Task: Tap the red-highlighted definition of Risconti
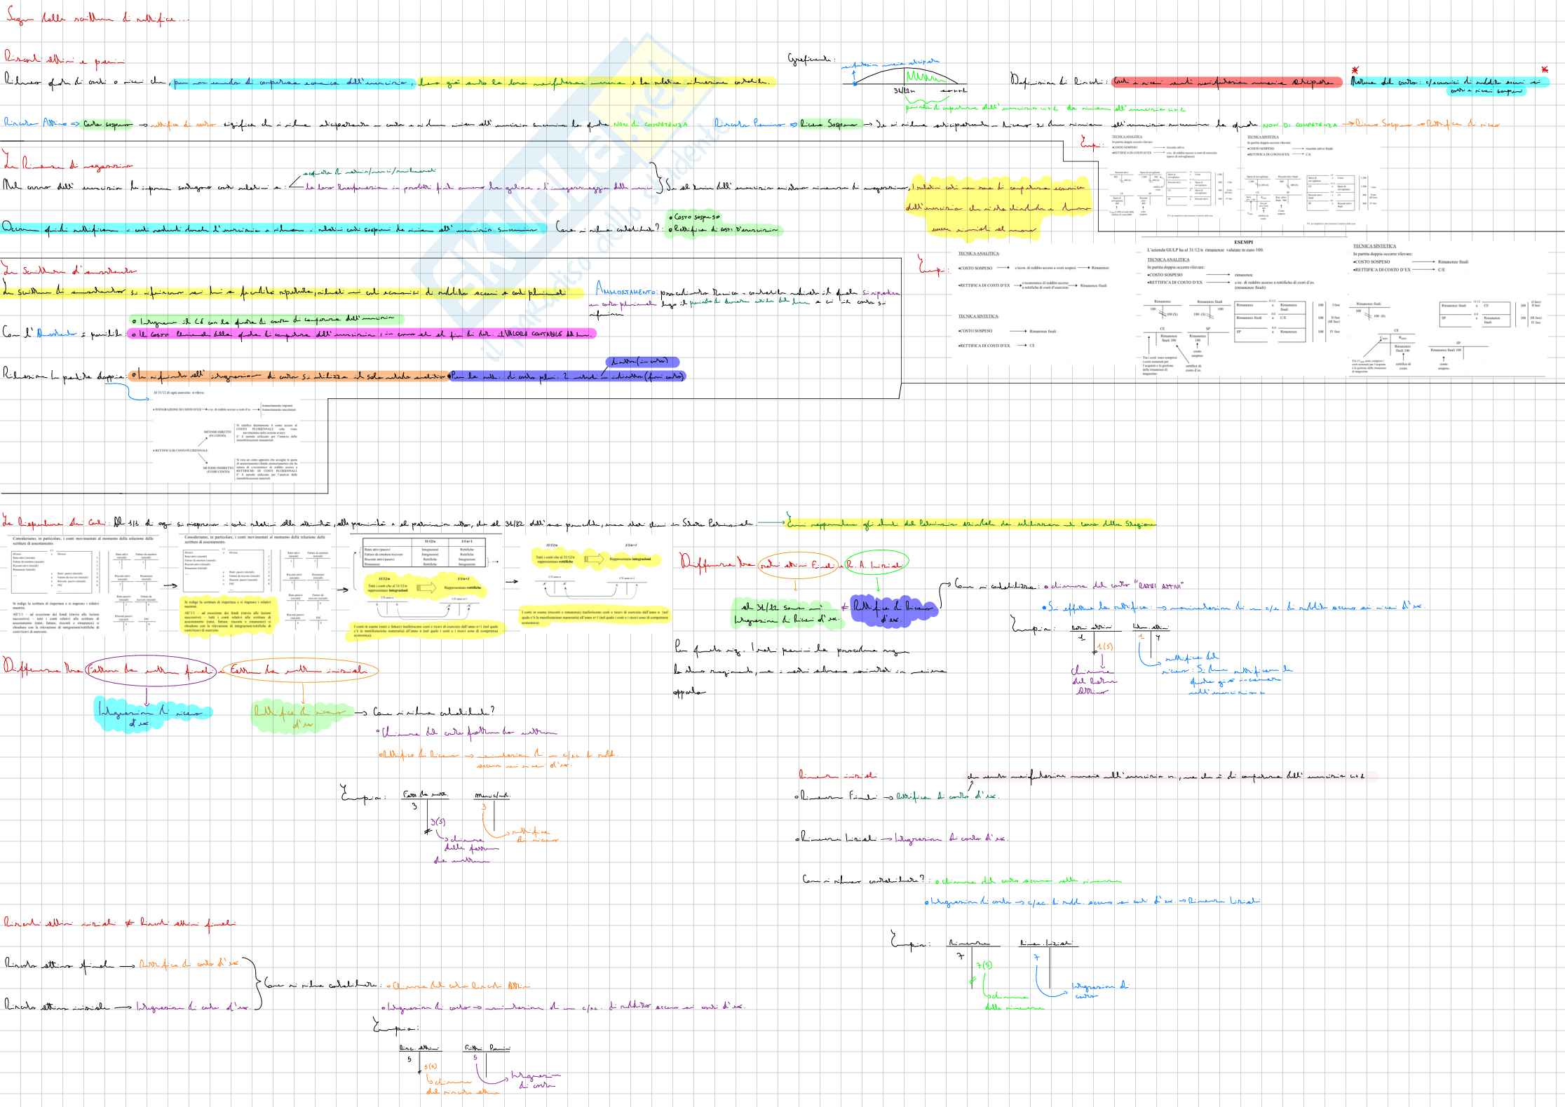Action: pyautogui.click(x=1226, y=82)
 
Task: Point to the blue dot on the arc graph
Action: pyautogui.click(x=855, y=83)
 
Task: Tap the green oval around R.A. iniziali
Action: pyautogui.click(x=875, y=564)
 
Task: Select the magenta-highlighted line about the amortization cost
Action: pyautogui.click(x=361, y=334)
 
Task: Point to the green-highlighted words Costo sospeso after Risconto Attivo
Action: pyautogui.click(x=107, y=124)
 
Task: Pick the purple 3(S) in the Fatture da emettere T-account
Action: pyautogui.click(x=437, y=822)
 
